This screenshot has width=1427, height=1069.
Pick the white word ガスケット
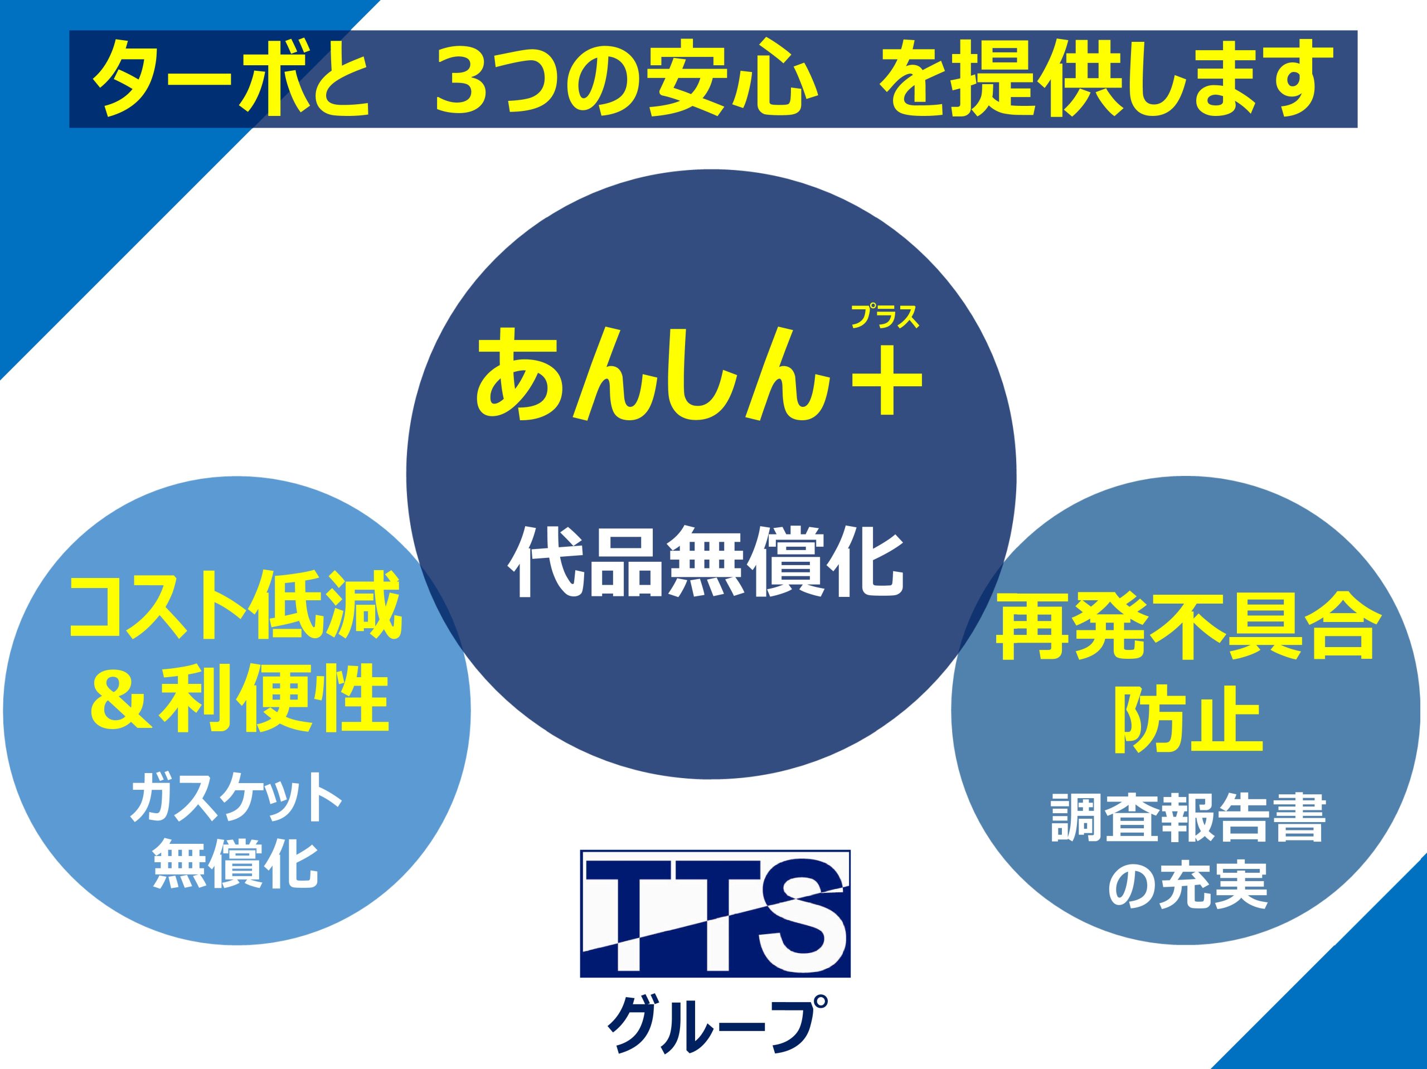235,799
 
